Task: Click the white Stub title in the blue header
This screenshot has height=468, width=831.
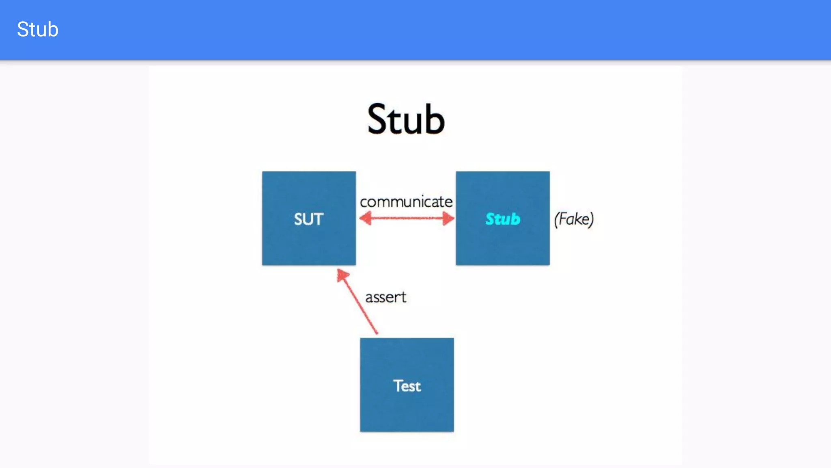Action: click(x=38, y=29)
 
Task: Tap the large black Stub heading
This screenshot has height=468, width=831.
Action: click(x=406, y=119)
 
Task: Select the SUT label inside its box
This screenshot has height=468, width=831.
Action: click(x=308, y=219)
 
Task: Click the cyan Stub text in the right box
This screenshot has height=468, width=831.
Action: click(x=503, y=219)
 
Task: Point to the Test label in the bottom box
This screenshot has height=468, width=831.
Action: click(x=407, y=386)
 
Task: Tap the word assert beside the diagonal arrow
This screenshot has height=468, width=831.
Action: click(x=385, y=297)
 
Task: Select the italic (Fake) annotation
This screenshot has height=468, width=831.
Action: click(x=574, y=219)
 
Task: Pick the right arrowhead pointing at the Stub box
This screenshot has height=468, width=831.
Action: click(x=448, y=218)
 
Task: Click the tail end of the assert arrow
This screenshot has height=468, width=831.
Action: click(x=376, y=332)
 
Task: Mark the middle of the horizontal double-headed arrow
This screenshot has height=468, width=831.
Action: click(x=407, y=218)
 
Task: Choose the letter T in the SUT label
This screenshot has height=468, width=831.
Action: click(x=318, y=219)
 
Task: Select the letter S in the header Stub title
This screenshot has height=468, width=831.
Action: click(x=23, y=29)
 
